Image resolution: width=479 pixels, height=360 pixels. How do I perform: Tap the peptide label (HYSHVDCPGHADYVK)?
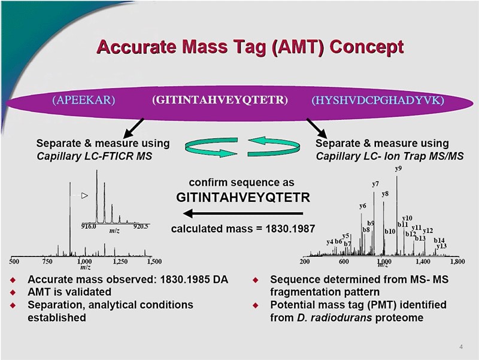coord(378,99)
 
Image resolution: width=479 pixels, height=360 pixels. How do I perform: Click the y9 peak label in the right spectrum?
coord(398,170)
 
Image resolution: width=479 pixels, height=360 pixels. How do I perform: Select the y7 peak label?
coord(375,184)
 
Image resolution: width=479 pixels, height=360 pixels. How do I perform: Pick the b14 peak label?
coord(439,240)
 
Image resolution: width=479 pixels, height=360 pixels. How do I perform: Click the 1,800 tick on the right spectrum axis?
coord(457,262)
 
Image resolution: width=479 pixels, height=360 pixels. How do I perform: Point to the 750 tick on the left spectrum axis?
coord(48,262)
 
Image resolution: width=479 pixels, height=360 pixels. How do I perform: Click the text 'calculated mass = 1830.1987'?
coord(242,229)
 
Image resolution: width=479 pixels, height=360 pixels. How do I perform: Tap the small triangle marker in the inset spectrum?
coord(84,195)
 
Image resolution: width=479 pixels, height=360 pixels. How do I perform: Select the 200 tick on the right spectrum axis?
coord(305,262)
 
